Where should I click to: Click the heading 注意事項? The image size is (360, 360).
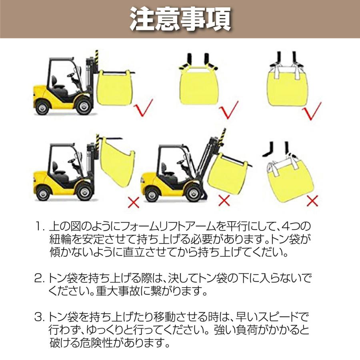[x=180, y=19]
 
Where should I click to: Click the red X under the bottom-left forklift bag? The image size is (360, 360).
[x=133, y=202]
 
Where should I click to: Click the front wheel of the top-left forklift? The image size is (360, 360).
[x=83, y=106]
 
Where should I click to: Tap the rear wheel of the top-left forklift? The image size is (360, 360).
[x=43, y=107]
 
